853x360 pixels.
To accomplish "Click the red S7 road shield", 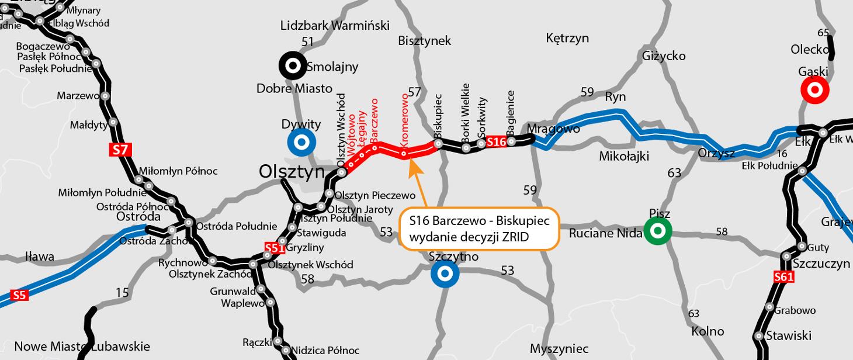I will coord(120,150).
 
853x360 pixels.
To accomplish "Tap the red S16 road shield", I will coord(496,141).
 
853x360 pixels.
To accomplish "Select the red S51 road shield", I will coord(274,248).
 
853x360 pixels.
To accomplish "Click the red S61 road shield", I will coord(783,277).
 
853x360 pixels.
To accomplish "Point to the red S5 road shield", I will coord(19,295).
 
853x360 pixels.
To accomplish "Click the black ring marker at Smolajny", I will coord(292,65).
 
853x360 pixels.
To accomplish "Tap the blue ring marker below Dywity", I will coord(301,143).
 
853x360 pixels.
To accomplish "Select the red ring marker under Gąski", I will coord(814,90).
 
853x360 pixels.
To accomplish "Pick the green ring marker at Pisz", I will coord(657,231).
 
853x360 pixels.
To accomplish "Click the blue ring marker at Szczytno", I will coord(445,274).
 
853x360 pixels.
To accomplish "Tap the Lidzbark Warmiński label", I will coord(335,25).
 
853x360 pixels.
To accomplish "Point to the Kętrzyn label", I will coord(567,38).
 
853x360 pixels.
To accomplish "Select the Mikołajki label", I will coord(624,156).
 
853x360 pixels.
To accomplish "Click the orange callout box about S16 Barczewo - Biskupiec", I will coord(478,229).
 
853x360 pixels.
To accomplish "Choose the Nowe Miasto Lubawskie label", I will coord(82,346).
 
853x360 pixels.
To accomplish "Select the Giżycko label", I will coord(664,56).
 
